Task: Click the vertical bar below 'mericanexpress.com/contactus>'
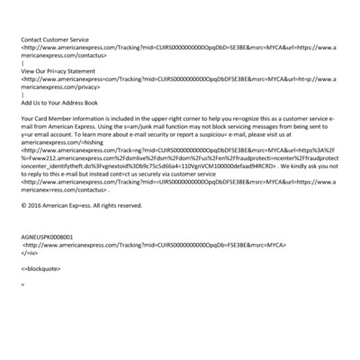(x=22, y=63)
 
